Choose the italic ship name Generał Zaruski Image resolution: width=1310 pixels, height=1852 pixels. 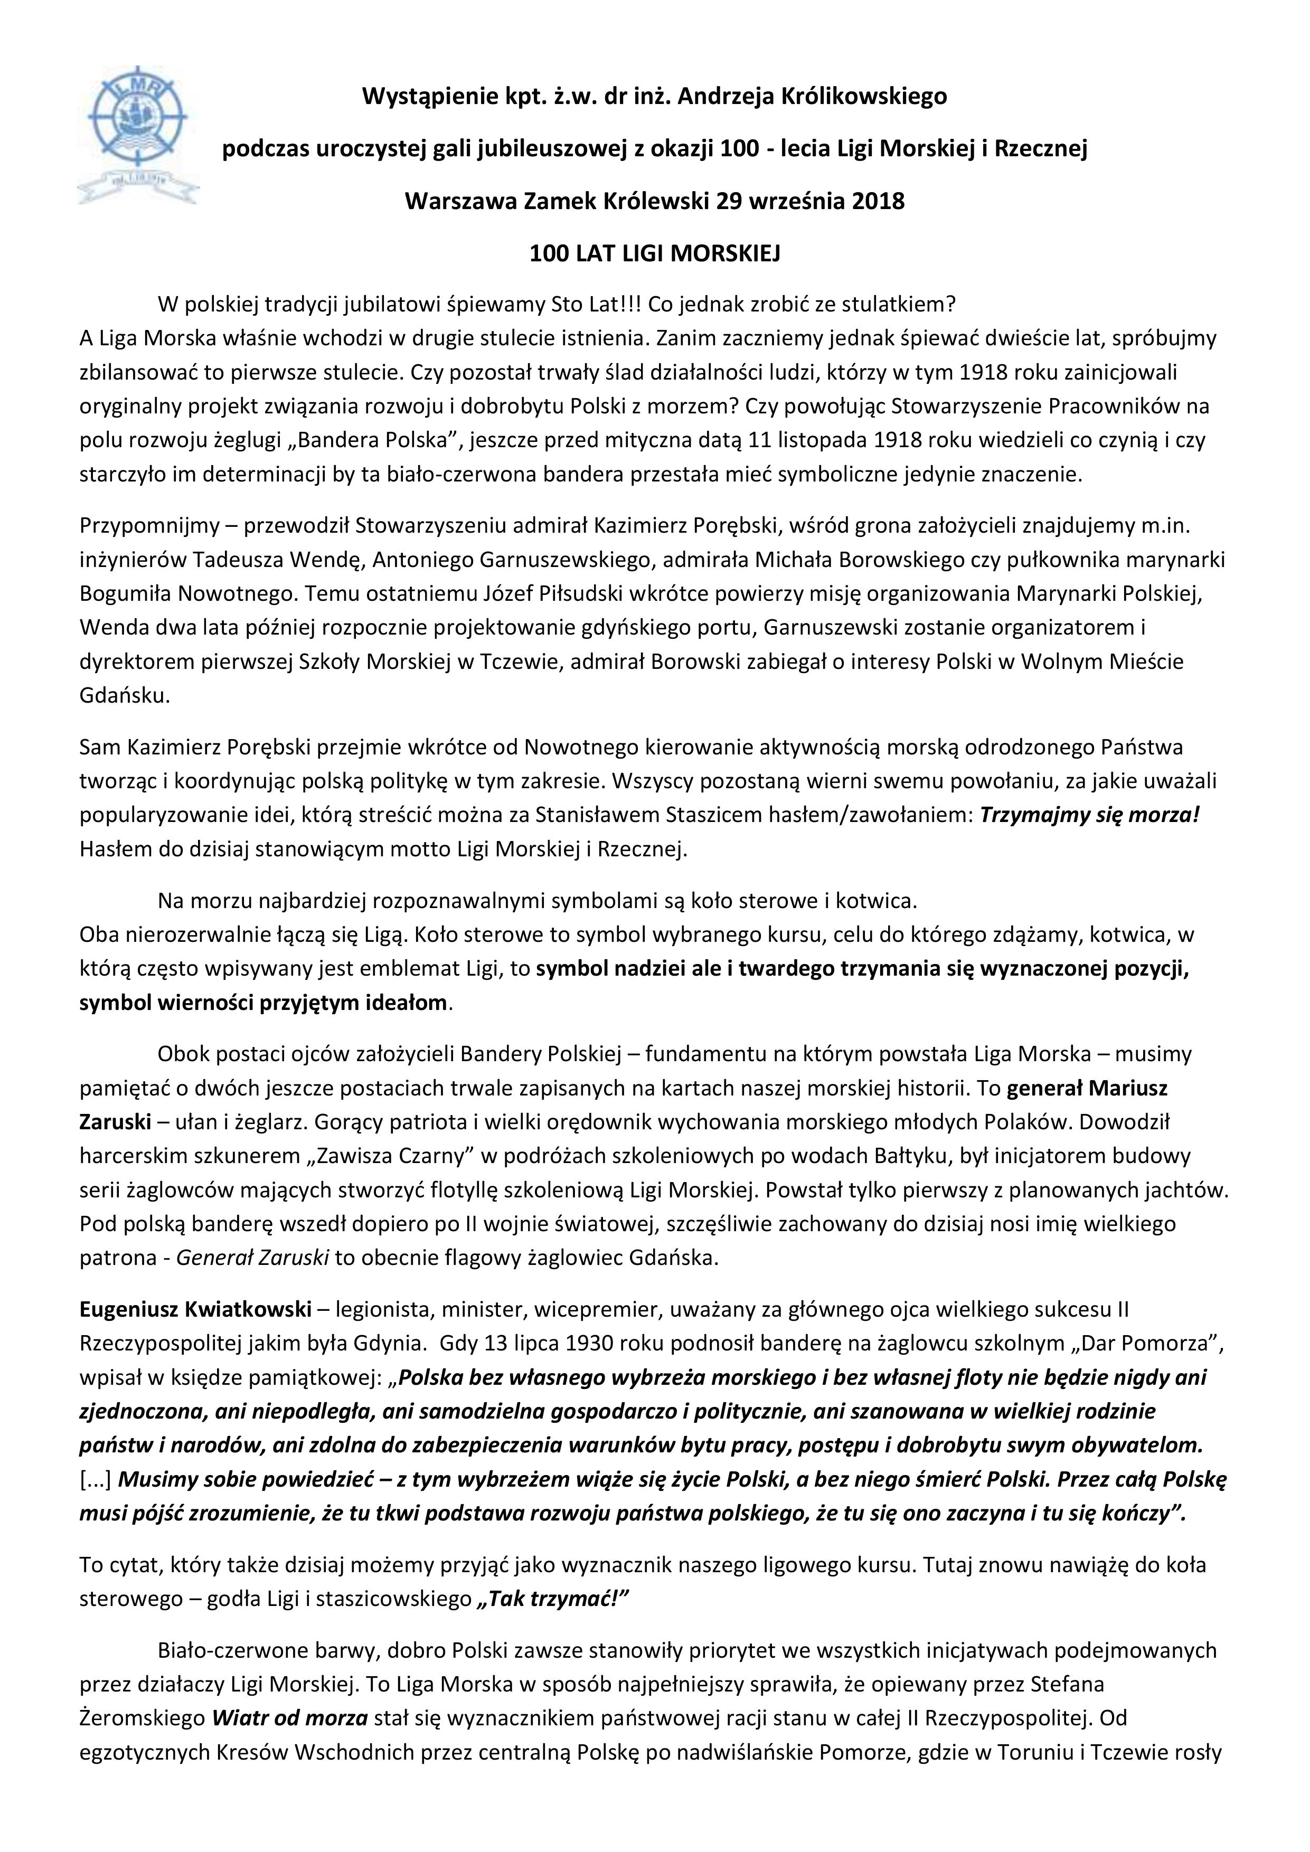point(252,1258)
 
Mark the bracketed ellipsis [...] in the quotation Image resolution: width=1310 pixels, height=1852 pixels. point(96,1479)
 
